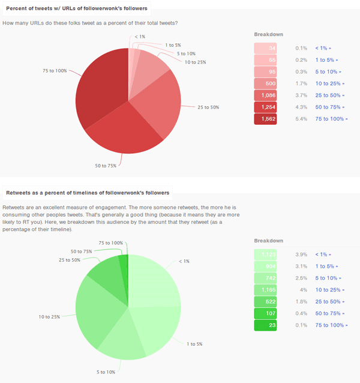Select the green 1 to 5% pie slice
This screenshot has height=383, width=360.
pyautogui.click(x=153, y=330)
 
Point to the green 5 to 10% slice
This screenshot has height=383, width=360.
pyautogui.click(x=120, y=342)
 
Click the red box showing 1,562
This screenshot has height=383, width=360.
pyautogui.click(x=265, y=119)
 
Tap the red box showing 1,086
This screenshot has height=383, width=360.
pyautogui.click(x=265, y=95)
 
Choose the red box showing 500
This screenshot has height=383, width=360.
pyautogui.click(x=265, y=83)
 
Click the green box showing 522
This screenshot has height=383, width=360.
pyautogui.click(x=265, y=301)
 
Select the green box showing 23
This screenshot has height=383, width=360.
pyautogui.click(x=265, y=325)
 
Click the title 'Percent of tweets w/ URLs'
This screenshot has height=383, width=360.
pyautogui.click(x=76, y=8)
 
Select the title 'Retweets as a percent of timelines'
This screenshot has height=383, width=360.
pyautogui.click(x=87, y=193)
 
